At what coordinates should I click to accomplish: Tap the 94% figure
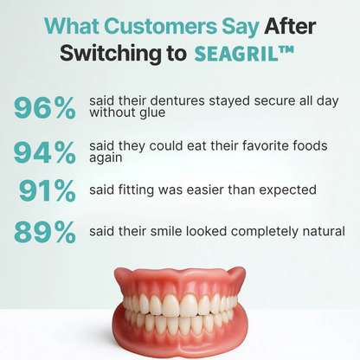click(44, 152)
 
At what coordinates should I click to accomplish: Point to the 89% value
click(44, 232)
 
